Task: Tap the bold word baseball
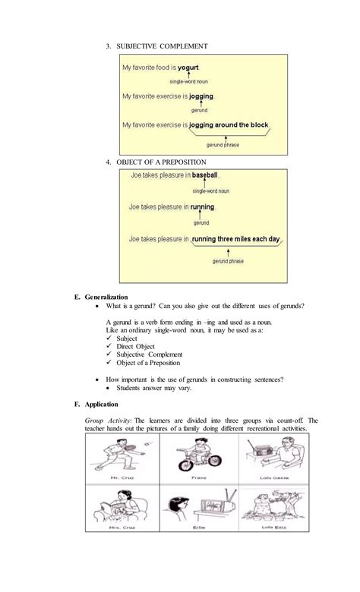coord(206,175)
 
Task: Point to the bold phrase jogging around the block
coord(229,124)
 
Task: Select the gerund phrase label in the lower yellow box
coord(228,261)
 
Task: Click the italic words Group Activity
coord(108,420)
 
